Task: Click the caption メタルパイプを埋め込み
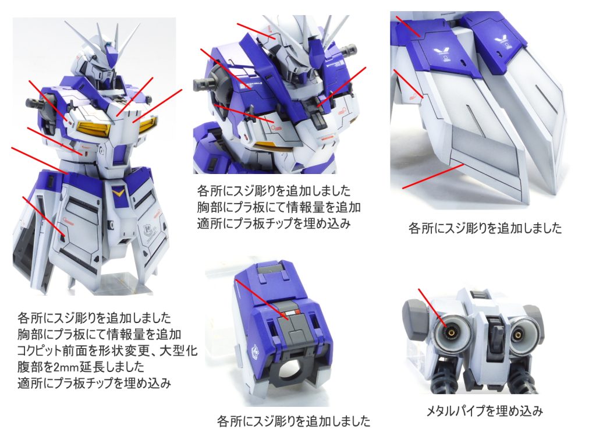click(x=484, y=411)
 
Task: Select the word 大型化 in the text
click(x=178, y=350)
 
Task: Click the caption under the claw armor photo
click(x=485, y=228)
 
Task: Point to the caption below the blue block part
click(x=293, y=421)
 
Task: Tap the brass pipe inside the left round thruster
click(x=450, y=334)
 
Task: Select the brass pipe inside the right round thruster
click(x=517, y=335)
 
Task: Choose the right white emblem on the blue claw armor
click(x=499, y=40)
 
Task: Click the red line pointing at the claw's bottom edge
click(x=433, y=176)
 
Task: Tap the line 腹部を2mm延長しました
click(x=81, y=367)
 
